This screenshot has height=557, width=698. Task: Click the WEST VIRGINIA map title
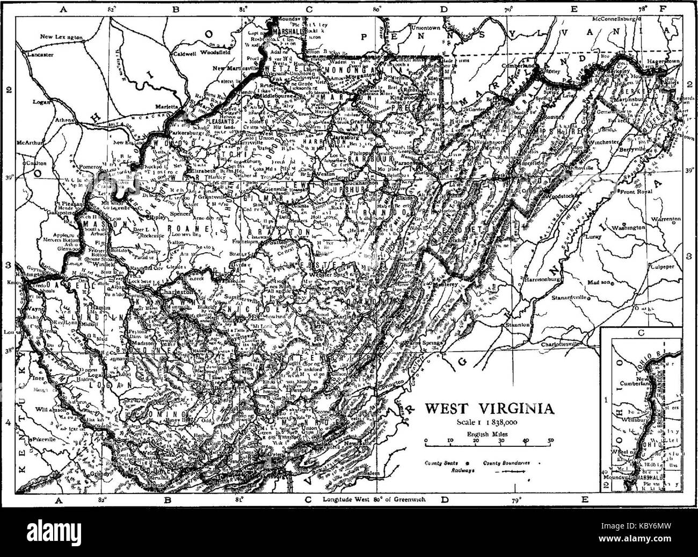(x=489, y=408)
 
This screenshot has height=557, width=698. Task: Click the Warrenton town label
(x=666, y=219)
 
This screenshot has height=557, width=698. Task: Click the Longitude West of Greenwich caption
(x=374, y=499)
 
